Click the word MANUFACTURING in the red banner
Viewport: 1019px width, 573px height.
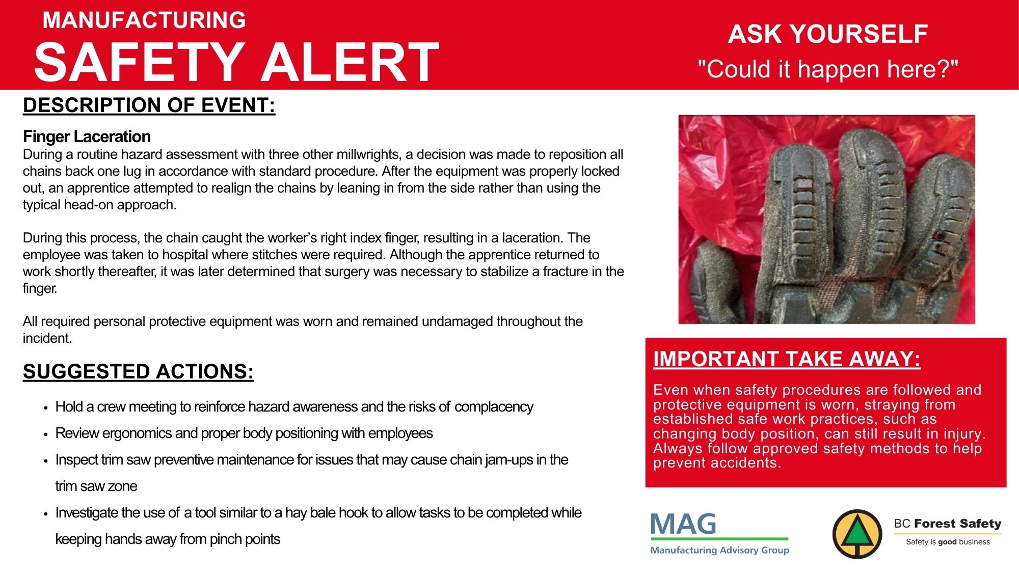click(144, 20)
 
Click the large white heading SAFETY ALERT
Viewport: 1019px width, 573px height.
click(237, 62)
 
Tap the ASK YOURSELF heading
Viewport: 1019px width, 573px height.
click(828, 34)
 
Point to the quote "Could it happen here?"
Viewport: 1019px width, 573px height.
click(828, 69)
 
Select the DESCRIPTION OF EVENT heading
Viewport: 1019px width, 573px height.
click(149, 105)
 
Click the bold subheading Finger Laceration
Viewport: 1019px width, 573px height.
click(87, 137)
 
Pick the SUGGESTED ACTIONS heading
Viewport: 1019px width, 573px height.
click(138, 372)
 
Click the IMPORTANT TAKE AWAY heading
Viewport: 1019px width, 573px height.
click(787, 359)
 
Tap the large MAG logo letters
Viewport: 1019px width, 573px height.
click(683, 524)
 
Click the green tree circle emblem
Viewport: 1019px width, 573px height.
click(857, 534)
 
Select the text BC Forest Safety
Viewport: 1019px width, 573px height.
click(948, 524)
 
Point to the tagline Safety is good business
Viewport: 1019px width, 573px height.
click(948, 542)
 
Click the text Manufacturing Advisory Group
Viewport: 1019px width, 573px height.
click(720, 550)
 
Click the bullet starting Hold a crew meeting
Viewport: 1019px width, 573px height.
click(294, 407)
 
